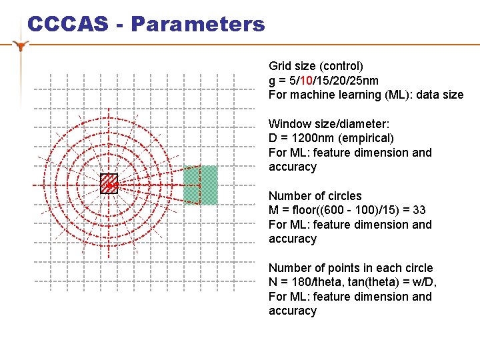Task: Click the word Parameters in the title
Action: (x=197, y=25)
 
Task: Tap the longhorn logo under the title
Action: (x=22, y=46)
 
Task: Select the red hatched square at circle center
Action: (x=109, y=183)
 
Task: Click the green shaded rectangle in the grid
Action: (x=201, y=185)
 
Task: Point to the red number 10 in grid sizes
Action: (x=307, y=81)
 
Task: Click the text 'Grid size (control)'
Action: (x=316, y=66)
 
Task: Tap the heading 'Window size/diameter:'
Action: (x=329, y=123)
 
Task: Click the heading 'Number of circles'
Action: (x=315, y=195)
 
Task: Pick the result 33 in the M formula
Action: (x=419, y=210)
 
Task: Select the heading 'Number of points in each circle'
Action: (x=351, y=267)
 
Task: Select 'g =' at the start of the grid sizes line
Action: (x=276, y=81)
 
